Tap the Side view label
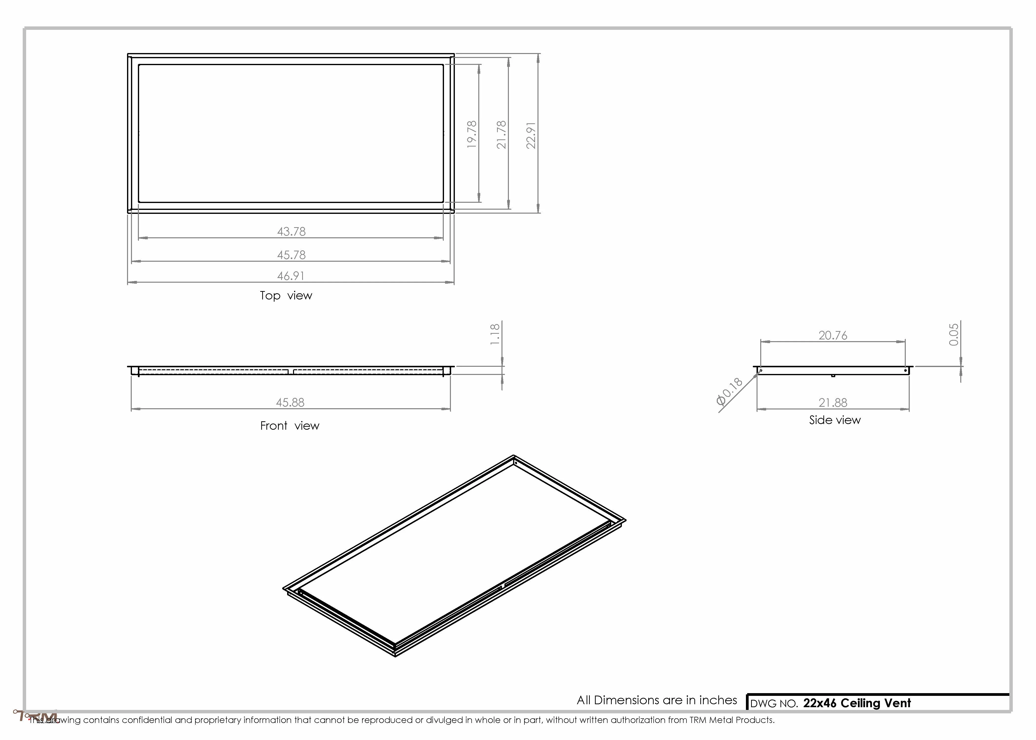click(x=835, y=420)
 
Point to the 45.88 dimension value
click(x=290, y=402)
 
